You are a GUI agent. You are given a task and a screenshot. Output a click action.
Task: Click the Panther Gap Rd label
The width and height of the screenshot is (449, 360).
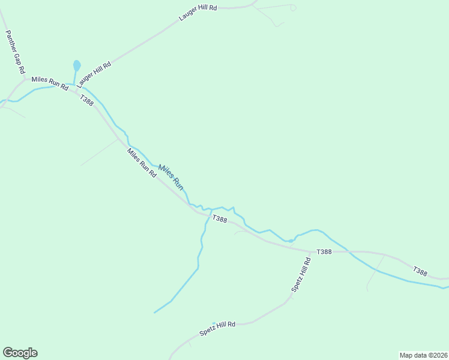point(15,52)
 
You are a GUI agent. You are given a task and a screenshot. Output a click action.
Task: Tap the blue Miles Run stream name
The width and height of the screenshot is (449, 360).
point(170,178)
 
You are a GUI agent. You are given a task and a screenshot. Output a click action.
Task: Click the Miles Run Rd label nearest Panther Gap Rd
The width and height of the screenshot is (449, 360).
point(50,83)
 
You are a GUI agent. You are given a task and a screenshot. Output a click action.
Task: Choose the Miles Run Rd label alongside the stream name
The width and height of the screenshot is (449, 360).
point(142,163)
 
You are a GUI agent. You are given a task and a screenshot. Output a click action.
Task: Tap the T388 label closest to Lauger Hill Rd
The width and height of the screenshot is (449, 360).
point(86,101)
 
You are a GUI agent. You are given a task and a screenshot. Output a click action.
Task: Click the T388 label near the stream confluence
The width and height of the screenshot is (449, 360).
point(219,220)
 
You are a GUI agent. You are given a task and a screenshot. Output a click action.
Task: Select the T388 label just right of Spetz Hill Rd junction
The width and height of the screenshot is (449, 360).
point(324,251)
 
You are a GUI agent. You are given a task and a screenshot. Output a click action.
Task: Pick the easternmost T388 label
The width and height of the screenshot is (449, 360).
point(420,272)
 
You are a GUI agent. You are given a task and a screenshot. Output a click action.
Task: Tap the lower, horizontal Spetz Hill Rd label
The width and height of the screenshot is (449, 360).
point(218,328)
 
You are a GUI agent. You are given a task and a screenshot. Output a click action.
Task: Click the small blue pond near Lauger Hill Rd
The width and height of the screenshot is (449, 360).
point(76,65)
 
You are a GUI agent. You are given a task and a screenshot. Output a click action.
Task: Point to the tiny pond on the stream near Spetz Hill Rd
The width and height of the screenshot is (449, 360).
point(291,241)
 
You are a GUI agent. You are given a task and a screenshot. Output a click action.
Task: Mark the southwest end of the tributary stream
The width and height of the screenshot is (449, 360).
point(155,313)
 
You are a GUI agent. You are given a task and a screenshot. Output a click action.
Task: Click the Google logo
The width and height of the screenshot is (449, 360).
point(20,353)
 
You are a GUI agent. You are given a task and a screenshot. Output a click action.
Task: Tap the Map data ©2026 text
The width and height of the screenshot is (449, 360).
point(424,355)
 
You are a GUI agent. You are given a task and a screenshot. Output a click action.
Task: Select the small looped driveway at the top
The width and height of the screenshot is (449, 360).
point(292,8)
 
